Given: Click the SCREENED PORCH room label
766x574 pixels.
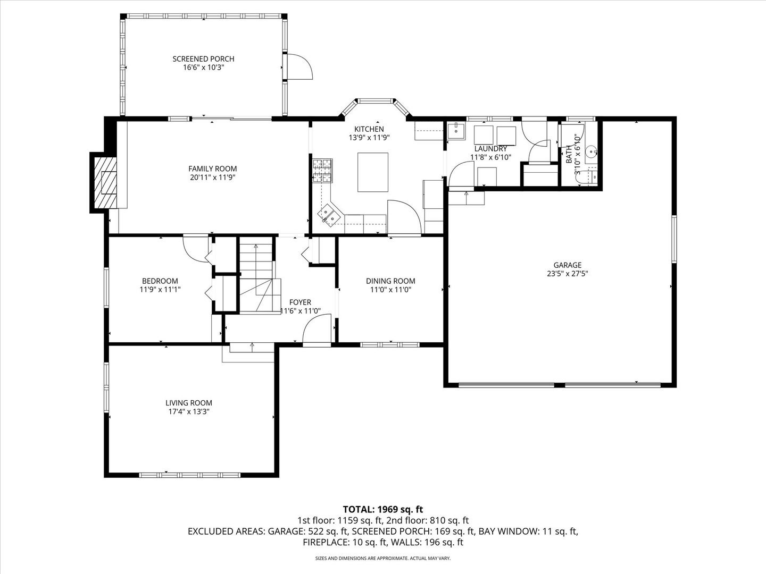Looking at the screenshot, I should [203, 59].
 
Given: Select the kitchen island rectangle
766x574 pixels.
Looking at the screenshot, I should [372, 172].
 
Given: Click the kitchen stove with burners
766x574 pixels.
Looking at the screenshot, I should [322, 171].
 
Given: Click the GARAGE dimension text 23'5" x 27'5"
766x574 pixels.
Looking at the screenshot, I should [567, 274].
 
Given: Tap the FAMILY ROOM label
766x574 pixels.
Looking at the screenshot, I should [213, 169].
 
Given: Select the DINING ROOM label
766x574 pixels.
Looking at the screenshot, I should [390, 281].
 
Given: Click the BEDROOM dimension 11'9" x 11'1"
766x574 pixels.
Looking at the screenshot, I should [160, 290].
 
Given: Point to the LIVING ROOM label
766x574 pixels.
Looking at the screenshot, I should [188, 403].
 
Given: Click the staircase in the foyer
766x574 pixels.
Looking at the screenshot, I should [256, 276].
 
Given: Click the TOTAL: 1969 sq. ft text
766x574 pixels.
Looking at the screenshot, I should [382, 509].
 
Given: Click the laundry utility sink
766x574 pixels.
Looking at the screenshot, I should [456, 130].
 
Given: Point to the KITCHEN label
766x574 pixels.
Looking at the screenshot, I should [369, 129].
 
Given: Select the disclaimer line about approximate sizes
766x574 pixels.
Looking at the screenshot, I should [382, 559].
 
